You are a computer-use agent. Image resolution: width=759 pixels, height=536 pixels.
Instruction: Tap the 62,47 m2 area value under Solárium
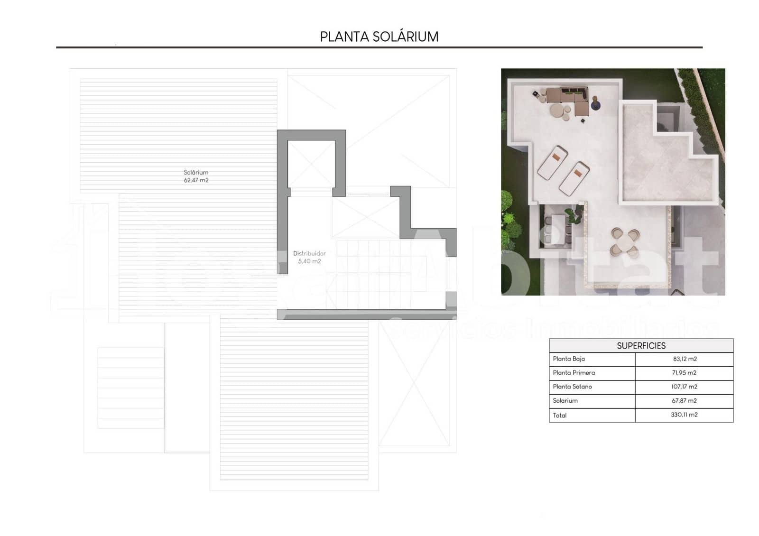[196, 180]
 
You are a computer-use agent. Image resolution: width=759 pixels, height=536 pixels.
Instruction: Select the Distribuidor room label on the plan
[309, 253]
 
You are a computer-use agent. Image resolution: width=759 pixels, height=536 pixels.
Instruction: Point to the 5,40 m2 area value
[309, 261]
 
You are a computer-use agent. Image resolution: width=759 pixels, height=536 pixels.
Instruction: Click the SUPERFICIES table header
[641, 346]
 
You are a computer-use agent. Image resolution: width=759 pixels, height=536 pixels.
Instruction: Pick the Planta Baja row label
[569, 359]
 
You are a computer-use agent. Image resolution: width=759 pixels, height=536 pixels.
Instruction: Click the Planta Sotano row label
[572, 387]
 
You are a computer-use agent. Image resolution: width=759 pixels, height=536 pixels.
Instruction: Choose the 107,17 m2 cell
[684, 387]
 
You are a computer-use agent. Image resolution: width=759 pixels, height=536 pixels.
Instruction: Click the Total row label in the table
[560, 415]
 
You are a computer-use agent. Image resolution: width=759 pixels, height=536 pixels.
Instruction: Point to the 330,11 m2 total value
[684, 415]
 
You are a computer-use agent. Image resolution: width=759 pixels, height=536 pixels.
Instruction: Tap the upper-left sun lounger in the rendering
[553, 162]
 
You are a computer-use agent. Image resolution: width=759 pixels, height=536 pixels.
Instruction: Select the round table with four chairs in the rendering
[624, 241]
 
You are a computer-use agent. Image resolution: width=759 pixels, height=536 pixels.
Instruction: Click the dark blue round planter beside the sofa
[595, 104]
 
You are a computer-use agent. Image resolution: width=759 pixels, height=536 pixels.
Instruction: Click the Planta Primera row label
[574, 373]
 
